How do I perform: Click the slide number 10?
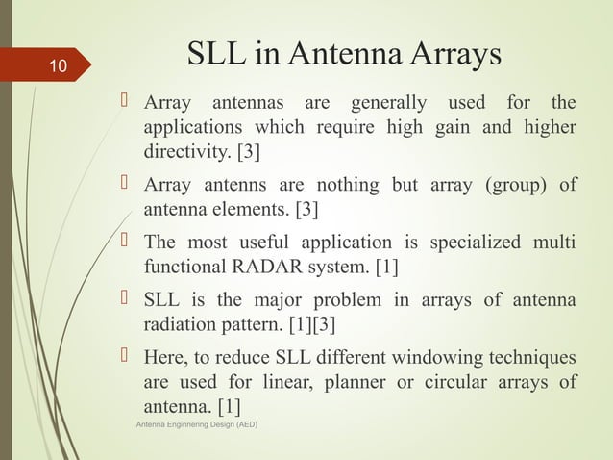pyautogui.click(x=58, y=66)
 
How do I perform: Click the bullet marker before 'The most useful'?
pyautogui.click(x=128, y=240)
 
